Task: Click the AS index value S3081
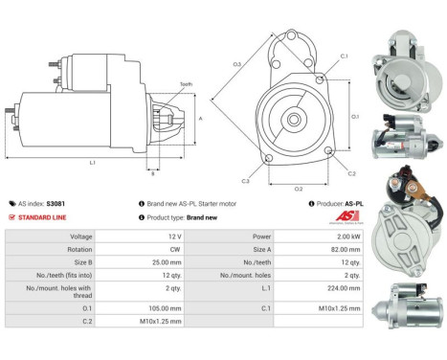56,204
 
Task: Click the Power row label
235,236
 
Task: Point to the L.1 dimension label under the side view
93,164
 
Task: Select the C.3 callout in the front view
245,180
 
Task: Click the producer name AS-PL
354,204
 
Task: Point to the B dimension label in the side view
152,173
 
